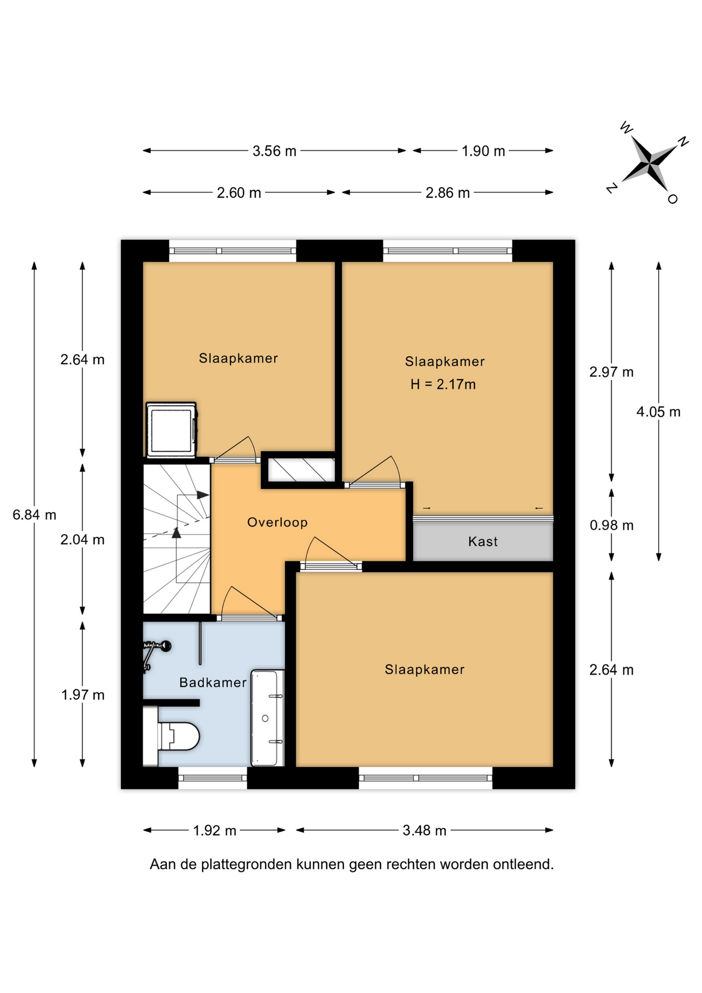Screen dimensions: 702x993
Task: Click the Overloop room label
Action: (x=277, y=522)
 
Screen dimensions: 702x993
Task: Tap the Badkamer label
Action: (x=213, y=683)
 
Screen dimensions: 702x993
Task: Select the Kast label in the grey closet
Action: (x=483, y=541)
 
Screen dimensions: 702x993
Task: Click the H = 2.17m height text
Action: (x=443, y=384)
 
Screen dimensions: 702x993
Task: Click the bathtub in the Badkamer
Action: (x=267, y=718)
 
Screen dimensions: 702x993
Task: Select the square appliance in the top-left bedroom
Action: (x=171, y=430)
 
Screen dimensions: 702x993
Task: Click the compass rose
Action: (x=649, y=163)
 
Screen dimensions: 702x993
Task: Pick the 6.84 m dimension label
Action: (x=35, y=515)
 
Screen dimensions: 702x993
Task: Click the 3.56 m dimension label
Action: (x=274, y=151)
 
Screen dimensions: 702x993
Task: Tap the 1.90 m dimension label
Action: (x=483, y=151)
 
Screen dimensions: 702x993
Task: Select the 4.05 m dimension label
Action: (x=658, y=412)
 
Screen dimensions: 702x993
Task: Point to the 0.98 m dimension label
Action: (x=612, y=525)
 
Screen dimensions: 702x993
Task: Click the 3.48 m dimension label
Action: (x=424, y=831)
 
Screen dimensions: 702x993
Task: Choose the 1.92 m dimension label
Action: (x=215, y=831)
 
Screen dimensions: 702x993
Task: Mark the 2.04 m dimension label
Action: (x=82, y=540)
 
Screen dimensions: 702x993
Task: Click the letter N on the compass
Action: (x=683, y=141)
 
